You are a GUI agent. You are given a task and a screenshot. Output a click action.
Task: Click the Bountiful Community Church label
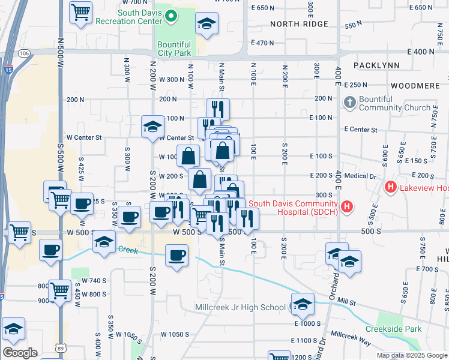[x=395, y=103]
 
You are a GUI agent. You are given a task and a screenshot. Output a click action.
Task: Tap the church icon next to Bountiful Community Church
[x=350, y=103]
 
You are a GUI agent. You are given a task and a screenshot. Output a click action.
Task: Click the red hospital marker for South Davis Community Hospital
[x=346, y=208]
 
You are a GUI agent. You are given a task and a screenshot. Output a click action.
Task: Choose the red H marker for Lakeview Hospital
[x=391, y=188]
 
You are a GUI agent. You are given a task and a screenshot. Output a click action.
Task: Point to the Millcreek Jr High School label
[x=241, y=308]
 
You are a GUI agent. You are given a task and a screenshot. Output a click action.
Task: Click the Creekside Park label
[x=394, y=329]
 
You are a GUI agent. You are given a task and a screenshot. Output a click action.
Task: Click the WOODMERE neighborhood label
[x=415, y=86]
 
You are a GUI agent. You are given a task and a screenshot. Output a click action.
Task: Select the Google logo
[x=20, y=353]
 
